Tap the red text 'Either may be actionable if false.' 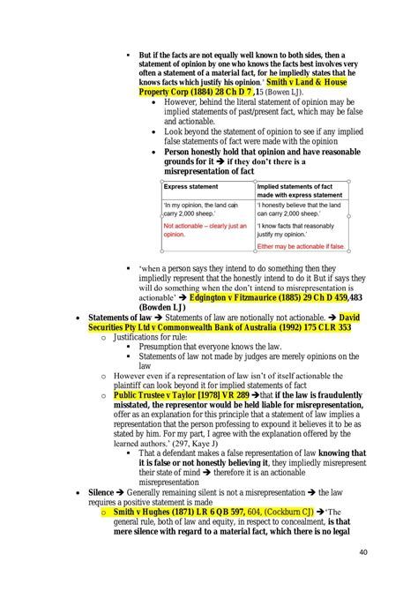tap(301, 246)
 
